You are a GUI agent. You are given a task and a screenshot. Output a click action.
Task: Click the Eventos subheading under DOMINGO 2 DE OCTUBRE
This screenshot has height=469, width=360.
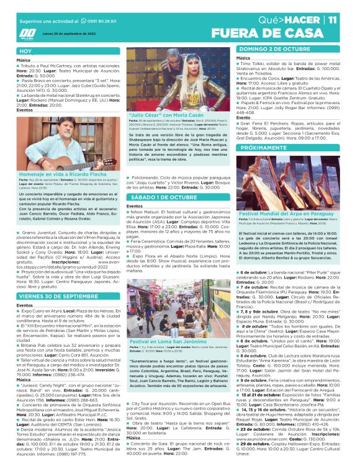click(244, 117)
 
